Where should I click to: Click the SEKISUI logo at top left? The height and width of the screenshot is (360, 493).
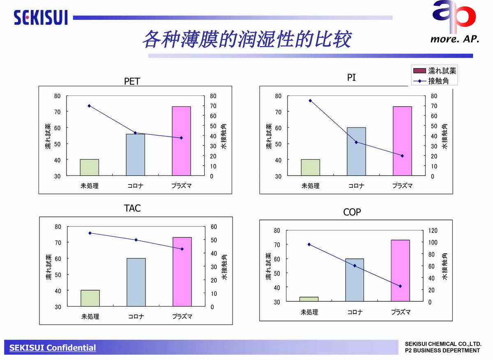point(40,18)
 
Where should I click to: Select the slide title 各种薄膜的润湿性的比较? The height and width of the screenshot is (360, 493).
point(246,40)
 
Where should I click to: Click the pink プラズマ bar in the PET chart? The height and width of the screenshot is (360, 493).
point(181,141)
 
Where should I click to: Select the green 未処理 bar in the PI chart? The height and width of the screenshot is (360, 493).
point(310,168)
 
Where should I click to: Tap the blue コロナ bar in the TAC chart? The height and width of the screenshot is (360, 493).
point(136,282)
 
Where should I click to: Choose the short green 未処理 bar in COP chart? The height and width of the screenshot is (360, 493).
point(309,299)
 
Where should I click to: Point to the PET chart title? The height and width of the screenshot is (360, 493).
point(132,81)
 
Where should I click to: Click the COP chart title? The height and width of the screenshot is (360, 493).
point(352,212)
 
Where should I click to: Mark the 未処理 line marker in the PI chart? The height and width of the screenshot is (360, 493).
point(310,100)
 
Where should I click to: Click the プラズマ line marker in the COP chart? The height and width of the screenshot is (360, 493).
point(400,286)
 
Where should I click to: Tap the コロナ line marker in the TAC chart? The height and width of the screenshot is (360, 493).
point(136,240)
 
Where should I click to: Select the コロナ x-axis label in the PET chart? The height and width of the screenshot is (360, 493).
point(135,186)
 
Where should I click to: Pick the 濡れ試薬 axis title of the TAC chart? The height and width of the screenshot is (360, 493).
point(49,268)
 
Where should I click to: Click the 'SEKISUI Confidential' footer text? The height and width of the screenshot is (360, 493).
point(53,348)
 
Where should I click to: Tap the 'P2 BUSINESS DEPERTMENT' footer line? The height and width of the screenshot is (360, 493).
point(442,351)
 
